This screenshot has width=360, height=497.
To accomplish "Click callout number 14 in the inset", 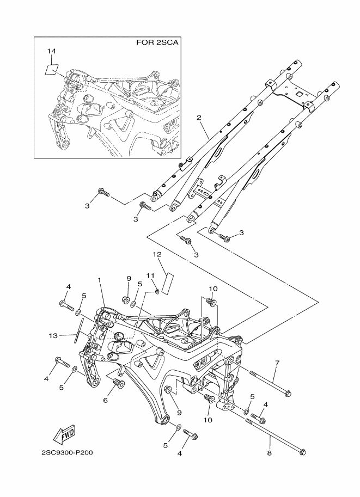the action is (x=52, y=51).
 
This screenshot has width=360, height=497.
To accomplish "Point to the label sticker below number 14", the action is (x=51, y=70).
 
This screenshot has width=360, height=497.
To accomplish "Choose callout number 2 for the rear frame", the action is (x=199, y=118).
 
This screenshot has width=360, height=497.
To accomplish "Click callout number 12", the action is (x=157, y=254).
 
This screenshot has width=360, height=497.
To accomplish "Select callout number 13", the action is (x=53, y=336).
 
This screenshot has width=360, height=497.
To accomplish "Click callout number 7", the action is (x=277, y=363).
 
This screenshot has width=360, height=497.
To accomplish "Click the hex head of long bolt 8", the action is (x=303, y=452).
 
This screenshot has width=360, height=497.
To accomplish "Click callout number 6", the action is (x=105, y=401).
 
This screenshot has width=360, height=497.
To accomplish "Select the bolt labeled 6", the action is (x=119, y=384).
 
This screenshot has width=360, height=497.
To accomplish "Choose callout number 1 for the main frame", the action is (x=99, y=280).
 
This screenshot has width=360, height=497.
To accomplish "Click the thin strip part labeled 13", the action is (x=78, y=330).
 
